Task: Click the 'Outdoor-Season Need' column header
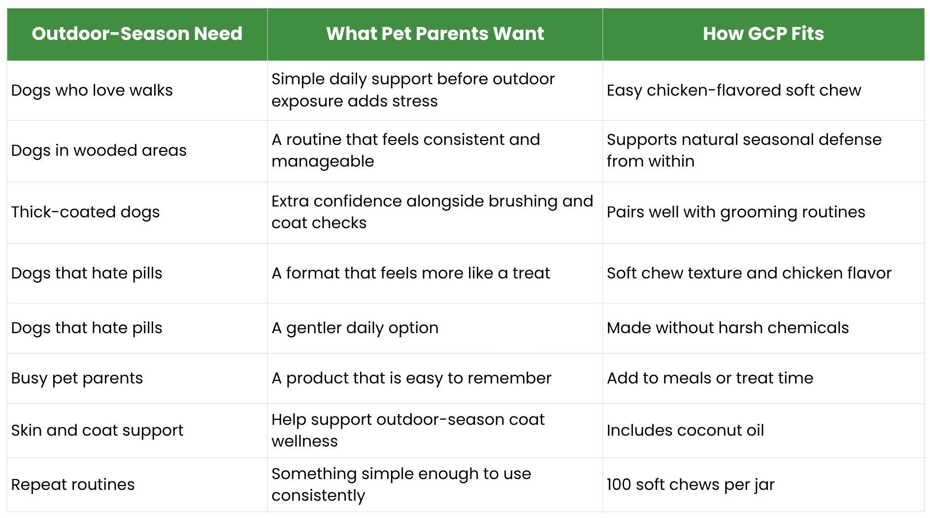(x=137, y=34)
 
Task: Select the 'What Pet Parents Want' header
(x=435, y=34)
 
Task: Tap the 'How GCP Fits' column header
(x=763, y=34)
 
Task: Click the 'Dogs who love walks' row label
(x=92, y=90)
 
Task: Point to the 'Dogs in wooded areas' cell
(x=99, y=150)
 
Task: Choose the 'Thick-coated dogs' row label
(x=86, y=212)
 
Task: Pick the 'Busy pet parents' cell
(x=77, y=378)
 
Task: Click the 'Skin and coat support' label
(x=98, y=430)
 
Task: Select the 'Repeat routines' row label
(x=73, y=484)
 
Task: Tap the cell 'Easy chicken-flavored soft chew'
(x=734, y=90)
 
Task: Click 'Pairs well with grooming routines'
(x=736, y=212)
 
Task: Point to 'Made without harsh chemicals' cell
(x=728, y=328)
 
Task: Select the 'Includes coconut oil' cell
(x=685, y=430)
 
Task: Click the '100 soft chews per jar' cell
(x=691, y=484)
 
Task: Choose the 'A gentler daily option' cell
(x=355, y=328)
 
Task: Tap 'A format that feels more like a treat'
(x=411, y=273)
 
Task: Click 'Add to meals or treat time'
(x=710, y=378)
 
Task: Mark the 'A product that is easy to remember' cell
(x=411, y=378)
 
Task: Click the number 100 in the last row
(x=619, y=484)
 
